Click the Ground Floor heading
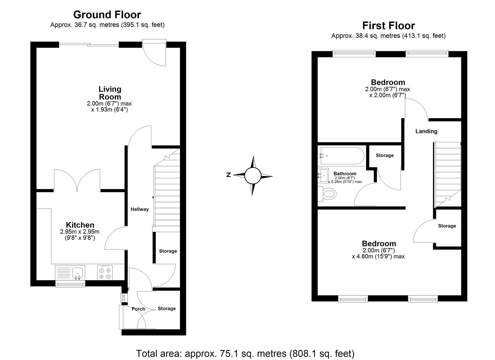click(107, 15)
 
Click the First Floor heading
click(388, 26)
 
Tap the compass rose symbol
click(252, 176)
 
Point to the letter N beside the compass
click(229, 175)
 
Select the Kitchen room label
click(80, 225)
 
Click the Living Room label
click(110, 93)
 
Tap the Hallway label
click(139, 209)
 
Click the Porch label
click(138, 309)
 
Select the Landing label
click(426, 131)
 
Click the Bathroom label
click(345, 174)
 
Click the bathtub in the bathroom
click(340, 156)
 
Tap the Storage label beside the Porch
click(167, 309)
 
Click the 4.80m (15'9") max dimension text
click(378, 257)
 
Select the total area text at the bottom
click(245, 353)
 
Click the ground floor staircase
click(167, 193)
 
